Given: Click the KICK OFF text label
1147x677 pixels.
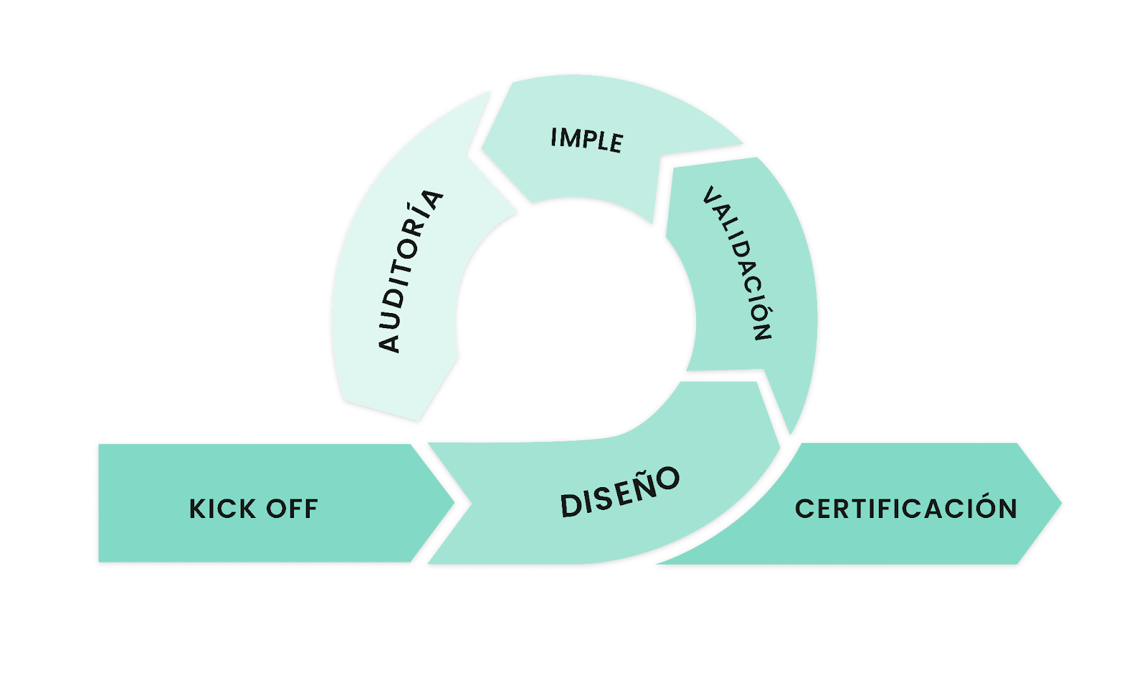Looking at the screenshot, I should pos(253,509).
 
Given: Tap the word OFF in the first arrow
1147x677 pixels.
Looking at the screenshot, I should pos(292,509).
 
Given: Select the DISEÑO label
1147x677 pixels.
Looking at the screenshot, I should pos(619,491).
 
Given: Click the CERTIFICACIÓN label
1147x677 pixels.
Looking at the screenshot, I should pos(906,509).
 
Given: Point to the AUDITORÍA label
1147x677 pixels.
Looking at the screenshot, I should pos(411,271).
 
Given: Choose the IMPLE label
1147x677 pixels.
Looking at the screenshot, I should pos(586,140).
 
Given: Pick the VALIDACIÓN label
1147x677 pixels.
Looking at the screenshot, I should pos(737,263).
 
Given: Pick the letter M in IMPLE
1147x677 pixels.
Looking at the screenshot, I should pos(573,138).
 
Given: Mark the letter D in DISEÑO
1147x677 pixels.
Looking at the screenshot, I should pos(571,505).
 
